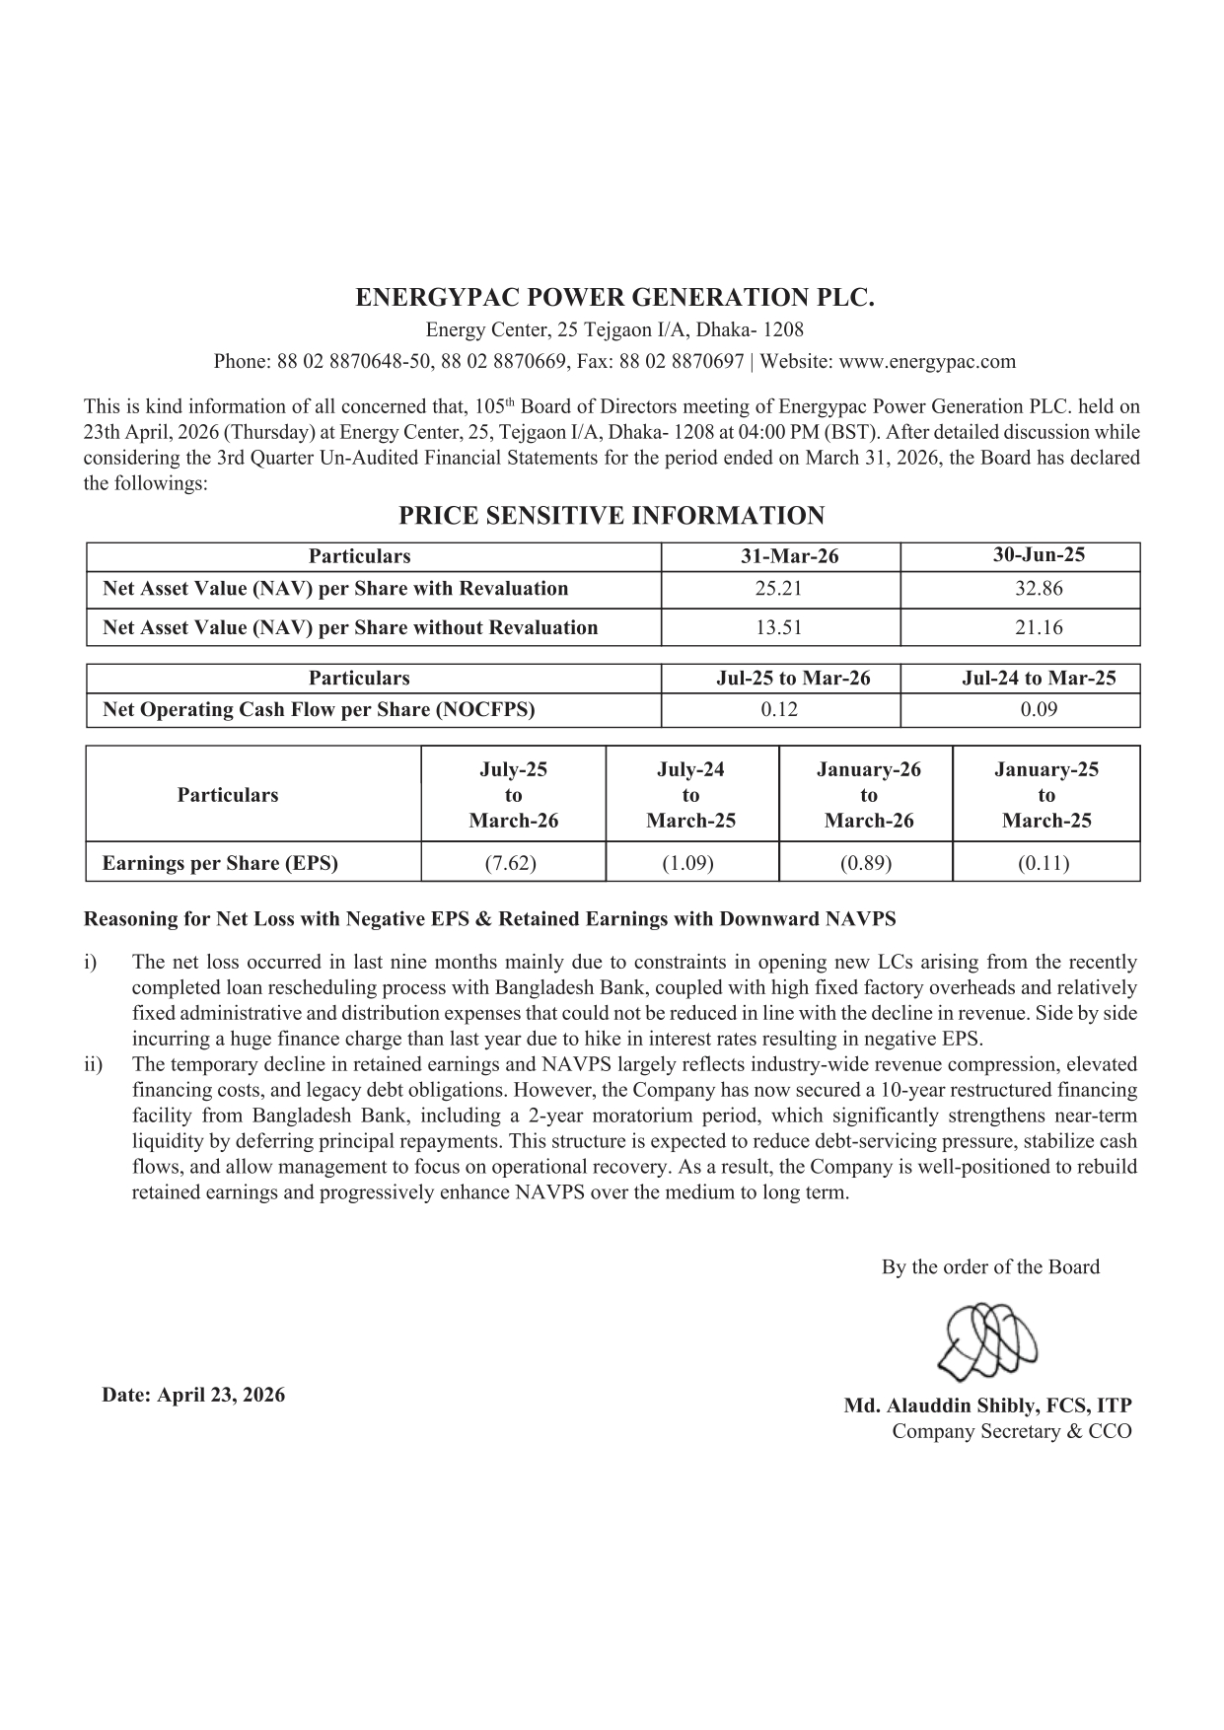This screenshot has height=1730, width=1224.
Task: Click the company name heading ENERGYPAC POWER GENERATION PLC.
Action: pos(614,298)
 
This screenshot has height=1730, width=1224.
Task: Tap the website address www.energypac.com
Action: pos(926,361)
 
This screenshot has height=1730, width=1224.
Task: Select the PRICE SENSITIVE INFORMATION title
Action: pos(612,516)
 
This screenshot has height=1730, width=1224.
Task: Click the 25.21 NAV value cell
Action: pos(779,589)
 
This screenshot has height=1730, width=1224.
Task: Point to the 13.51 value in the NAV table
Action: pos(779,627)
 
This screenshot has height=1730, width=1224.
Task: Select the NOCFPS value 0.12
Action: pos(779,709)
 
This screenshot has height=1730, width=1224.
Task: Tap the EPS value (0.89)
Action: pos(866,863)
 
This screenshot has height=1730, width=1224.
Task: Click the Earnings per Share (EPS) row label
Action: pos(220,863)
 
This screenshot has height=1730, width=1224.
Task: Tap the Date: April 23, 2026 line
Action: pos(193,1395)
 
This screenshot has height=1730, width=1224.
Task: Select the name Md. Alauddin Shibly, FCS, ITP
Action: pos(987,1406)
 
